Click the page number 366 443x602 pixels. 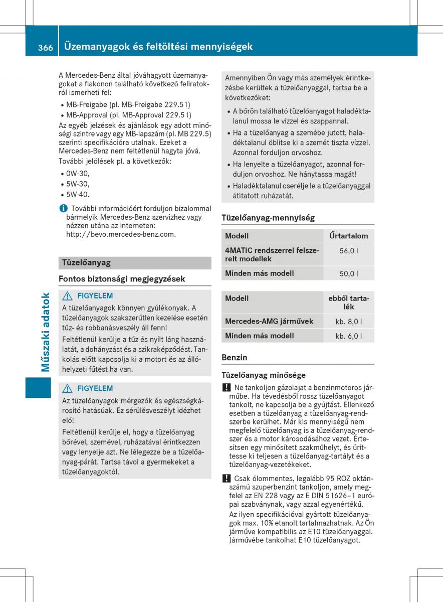pyautogui.click(x=45, y=47)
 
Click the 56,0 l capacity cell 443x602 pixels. pyautogui.click(x=349, y=251)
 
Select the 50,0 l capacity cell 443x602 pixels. pyautogui.click(x=349, y=274)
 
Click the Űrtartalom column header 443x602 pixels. pyautogui.click(x=349, y=236)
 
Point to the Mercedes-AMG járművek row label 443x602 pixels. pyautogui.click(x=269, y=321)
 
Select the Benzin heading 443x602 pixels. pyautogui.click(x=235, y=358)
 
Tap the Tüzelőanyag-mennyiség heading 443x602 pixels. pyautogui.click(x=268, y=218)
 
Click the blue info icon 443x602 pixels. pyautogui.click(x=62, y=208)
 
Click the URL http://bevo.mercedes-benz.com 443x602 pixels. pyautogui.click(x=121, y=234)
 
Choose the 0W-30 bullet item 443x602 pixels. pyautogui.click(x=78, y=173)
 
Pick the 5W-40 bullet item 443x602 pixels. pyautogui.click(x=78, y=194)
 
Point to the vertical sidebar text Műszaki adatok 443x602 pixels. pyautogui.click(x=46, y=332)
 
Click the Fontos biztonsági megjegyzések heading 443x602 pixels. pyautogui.click(x=122, y=278)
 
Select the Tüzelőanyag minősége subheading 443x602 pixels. pyautogui.click(x=264, y=375)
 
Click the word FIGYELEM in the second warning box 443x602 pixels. pyautogui.click(x=95, y=388)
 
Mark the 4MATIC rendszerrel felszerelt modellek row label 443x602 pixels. pyautogui.click(x=272, y=254)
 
